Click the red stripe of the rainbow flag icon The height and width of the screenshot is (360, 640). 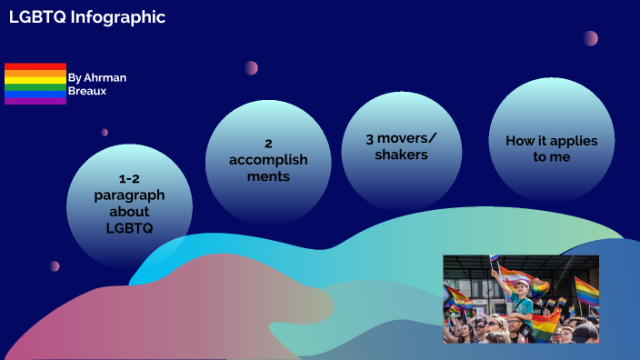coord(35,66)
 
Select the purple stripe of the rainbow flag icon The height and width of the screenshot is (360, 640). coord(35,101)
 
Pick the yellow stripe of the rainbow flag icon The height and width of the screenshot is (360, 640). coord(35,80)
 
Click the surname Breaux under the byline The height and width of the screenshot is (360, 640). coord(88,92)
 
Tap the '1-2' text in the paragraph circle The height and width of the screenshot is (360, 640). coord(129,178)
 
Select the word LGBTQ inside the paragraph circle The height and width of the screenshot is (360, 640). coord(129,227)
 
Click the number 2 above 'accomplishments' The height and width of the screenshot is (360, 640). coord(268,144)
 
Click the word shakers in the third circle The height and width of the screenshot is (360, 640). coord(402,155)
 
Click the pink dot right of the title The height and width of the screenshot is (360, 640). coord(591,38)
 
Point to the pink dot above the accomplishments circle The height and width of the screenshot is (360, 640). coord(251,68)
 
